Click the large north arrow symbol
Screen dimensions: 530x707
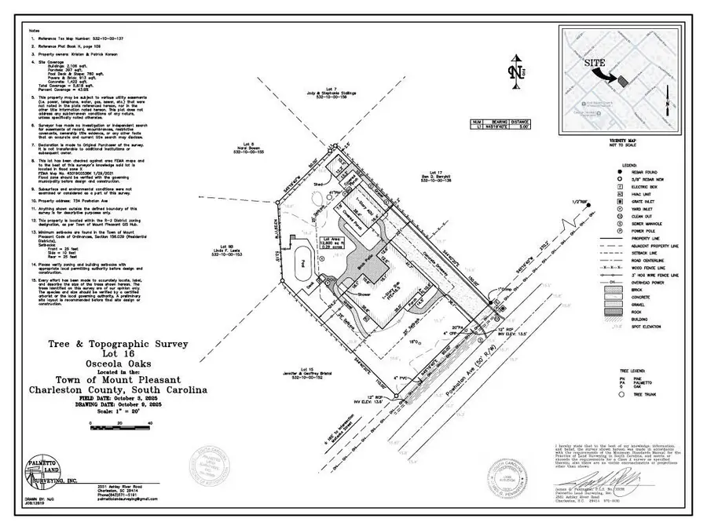coord(515,71)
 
